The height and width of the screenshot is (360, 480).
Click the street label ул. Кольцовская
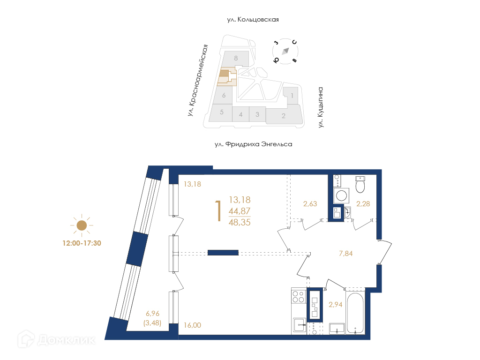253,20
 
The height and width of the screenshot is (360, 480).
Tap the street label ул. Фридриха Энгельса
254,144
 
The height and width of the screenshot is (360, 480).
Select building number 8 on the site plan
236,58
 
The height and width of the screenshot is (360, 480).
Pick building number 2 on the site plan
284,116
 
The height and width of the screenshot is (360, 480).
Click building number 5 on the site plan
222,112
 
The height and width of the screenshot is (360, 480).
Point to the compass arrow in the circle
285,51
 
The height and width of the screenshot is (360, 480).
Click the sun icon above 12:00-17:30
82,225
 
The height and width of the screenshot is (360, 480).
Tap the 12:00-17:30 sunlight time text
82,243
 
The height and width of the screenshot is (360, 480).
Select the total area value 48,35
240,222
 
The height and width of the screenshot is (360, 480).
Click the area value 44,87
240,211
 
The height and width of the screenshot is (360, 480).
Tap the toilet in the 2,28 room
360,185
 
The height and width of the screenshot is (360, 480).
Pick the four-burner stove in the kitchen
299,296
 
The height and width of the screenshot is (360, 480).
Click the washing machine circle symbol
341,195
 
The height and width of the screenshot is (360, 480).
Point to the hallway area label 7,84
346,254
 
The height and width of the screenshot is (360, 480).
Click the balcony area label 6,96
152,314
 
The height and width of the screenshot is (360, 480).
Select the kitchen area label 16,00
193,325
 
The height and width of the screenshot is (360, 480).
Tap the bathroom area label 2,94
336,305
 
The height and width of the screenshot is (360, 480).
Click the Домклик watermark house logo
26,339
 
